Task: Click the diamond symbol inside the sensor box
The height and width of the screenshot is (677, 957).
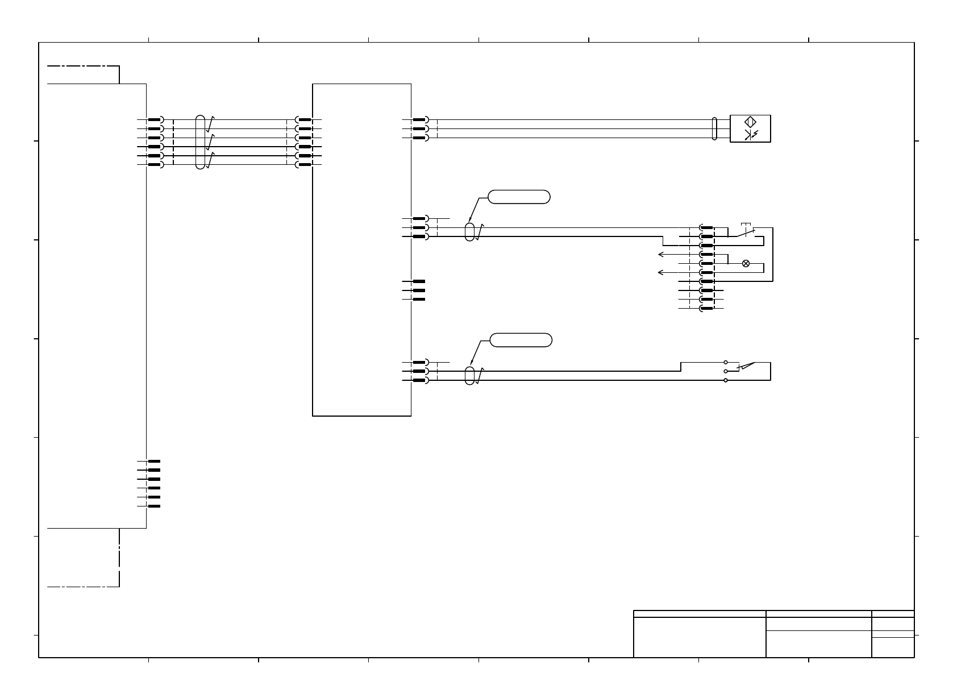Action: (750, 122)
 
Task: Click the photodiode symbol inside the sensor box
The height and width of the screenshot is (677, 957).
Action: (750, 135)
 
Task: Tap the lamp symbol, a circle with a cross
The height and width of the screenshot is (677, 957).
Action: (746, 263)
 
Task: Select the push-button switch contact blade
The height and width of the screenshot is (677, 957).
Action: (746, 232)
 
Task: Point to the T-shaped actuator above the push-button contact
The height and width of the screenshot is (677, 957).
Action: (746, 224)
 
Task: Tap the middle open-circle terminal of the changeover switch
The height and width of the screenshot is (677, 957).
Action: (726, 371)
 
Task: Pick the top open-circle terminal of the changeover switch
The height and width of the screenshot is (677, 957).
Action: (726, 362)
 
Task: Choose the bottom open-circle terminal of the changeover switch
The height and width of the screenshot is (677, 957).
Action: (726, 380)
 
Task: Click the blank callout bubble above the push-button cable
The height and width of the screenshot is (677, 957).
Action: (519, 197)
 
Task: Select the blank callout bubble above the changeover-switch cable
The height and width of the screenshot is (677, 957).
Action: (521, 340)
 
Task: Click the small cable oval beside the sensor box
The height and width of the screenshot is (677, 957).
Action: (714, 128)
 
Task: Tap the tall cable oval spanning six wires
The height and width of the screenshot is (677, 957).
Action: (199, 142)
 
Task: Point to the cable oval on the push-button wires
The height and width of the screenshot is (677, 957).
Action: (469, 231)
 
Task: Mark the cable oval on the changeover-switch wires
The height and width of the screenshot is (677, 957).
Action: (469, 375)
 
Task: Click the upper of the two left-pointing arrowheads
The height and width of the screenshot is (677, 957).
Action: (660, 254)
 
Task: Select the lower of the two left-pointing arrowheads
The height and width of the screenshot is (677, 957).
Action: (660, 272)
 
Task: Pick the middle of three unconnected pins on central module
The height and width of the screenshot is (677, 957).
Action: (418, 290)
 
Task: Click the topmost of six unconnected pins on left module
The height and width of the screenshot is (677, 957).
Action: (153, 462)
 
